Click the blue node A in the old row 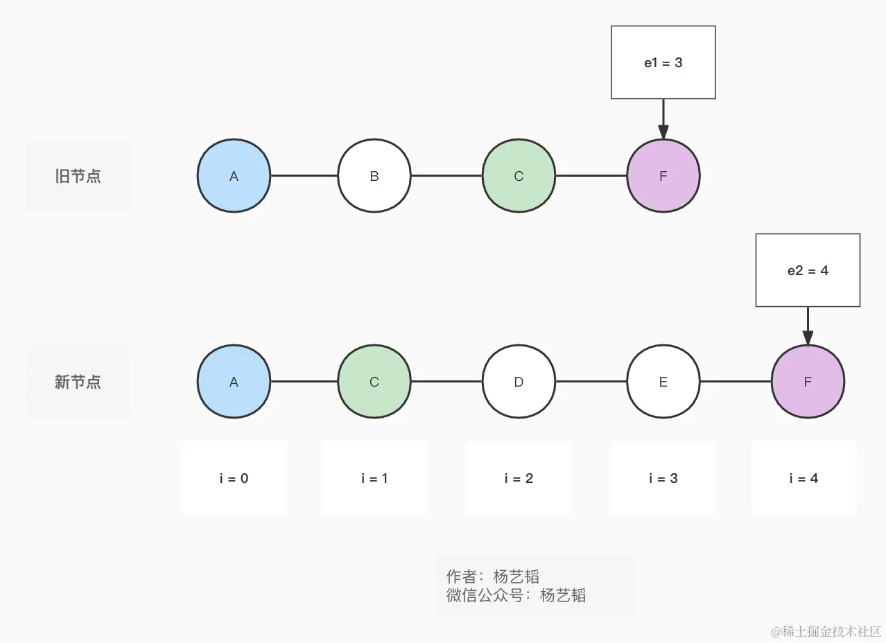(234, 176)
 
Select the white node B (374, 176)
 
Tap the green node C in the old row (519, 176)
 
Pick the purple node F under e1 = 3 (663, 176)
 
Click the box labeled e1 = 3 (663, 62)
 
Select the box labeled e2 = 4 (808, 270)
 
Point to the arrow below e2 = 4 (808, 326)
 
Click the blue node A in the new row (234, 382)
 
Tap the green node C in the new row (374, 382)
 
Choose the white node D (519, 382)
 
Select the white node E (663, 382)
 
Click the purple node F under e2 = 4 (808, 382)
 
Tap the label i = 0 (234, 478)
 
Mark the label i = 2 (519, 478)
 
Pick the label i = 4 (804, 478)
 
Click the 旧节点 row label (78, 176)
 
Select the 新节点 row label (78, 382)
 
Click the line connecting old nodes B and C (446, 176)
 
